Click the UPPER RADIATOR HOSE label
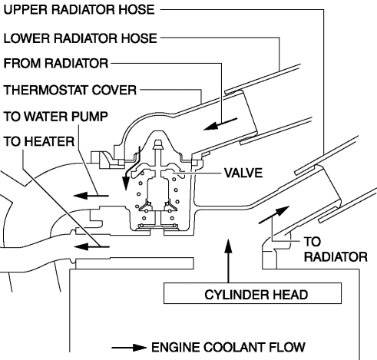79,10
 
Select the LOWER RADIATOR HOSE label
80,38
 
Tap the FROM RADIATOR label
56,63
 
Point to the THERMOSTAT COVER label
70,90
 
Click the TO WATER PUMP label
55,117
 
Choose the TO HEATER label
39,141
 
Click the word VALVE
243,173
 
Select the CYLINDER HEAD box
253,293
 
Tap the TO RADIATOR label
336,249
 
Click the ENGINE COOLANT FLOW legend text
228,347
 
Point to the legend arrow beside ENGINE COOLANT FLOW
129,348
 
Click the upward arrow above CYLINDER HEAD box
228,261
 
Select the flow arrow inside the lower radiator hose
220,124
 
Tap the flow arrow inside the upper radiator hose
274,215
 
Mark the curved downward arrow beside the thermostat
132,167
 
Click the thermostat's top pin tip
158,142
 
